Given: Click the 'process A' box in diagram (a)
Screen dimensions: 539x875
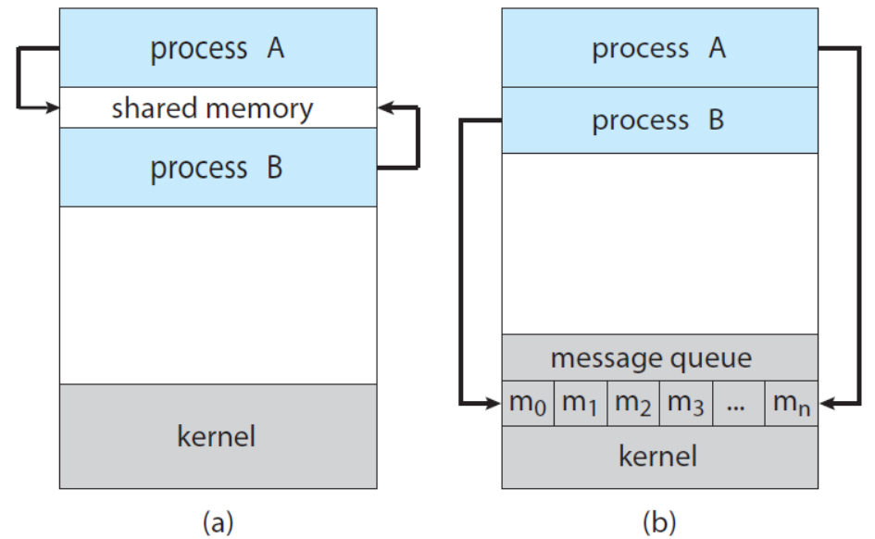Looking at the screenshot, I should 218,48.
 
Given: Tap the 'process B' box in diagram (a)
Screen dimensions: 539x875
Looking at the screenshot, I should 218,168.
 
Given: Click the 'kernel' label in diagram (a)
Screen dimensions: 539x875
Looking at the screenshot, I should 218,434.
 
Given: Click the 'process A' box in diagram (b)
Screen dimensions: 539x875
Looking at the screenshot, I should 659,48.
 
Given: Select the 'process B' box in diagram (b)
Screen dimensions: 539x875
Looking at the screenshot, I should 659,120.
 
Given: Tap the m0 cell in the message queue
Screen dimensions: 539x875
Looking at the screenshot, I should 528,404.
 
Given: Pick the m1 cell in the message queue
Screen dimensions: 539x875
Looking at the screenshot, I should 581,404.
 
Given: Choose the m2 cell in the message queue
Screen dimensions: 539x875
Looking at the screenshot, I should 633,404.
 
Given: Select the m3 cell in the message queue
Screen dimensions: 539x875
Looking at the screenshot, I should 686,404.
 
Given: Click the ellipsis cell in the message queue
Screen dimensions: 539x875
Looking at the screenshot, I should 738,404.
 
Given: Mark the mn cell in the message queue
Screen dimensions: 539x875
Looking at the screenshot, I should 792,404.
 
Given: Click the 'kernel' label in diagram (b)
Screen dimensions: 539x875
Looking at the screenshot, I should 659,457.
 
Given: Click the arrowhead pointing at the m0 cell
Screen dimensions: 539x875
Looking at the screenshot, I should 494,404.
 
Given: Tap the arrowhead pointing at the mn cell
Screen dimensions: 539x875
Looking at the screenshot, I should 827,404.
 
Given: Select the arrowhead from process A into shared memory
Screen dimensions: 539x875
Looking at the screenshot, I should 51,107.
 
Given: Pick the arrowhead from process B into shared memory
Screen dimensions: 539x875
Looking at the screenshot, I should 386,108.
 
